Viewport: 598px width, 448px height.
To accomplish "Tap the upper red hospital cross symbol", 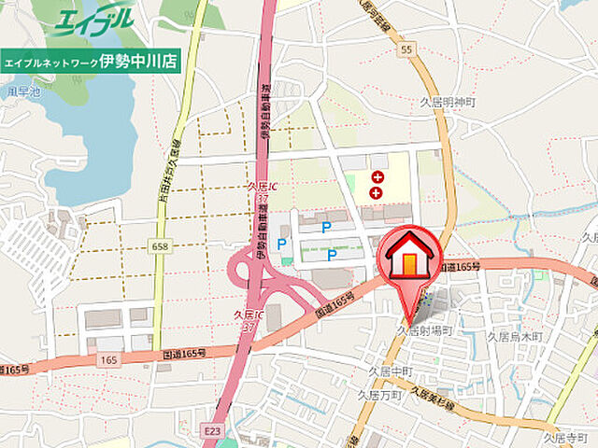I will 377,176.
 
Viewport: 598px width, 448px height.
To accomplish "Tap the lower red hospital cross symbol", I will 377,192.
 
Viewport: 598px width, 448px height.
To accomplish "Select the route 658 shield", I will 159,245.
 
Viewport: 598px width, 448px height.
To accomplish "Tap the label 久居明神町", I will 448,102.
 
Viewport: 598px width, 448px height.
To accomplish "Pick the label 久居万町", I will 378,396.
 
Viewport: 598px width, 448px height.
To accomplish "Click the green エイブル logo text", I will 93,21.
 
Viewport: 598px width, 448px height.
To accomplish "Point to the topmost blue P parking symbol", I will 326,227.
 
